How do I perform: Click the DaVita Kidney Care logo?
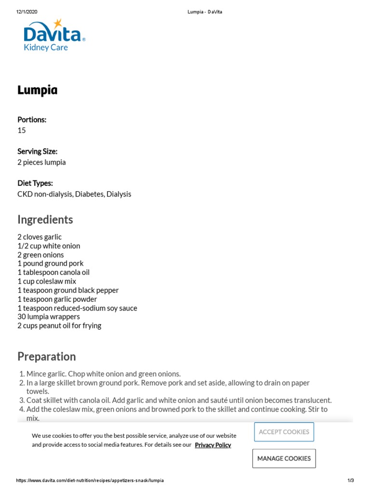(54, 36)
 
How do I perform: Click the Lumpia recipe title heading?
(38, 91)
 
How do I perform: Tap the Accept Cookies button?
(284, 432)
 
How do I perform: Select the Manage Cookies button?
(284, 458)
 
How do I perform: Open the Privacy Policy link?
(213, 445)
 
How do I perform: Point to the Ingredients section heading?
(45, 220)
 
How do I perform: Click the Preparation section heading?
(47, 357)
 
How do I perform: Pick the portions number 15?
(22, 130)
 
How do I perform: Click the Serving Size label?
(37, 152)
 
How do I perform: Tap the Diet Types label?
(35, 183)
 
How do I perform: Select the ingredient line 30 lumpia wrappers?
(49, 317)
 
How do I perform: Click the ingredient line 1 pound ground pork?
(51, 263)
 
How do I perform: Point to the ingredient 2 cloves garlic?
(40, 237)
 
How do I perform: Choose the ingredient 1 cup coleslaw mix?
(47, 281)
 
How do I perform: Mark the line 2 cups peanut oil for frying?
(59, 325)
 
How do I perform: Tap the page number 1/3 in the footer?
(351, 480)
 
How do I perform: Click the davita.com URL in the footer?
(91, 480)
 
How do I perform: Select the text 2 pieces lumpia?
(41, 162)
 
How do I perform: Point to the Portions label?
(32, 120)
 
